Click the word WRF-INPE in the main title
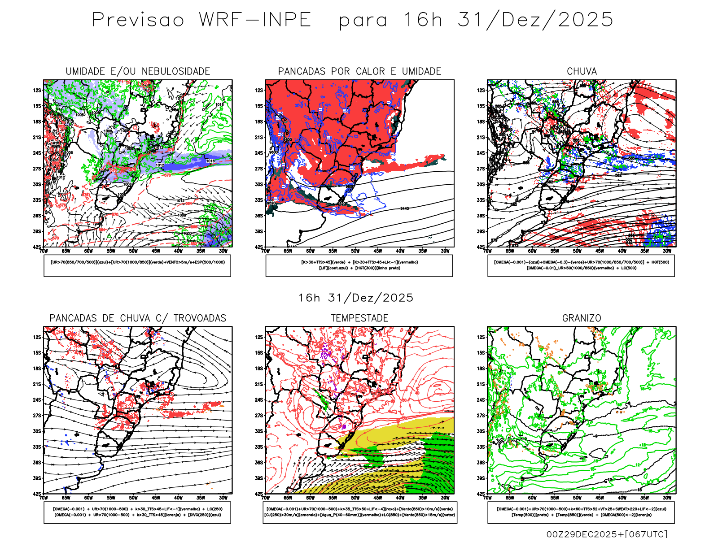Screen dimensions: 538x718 pos(255,20)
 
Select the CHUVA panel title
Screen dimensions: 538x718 pos(582,71)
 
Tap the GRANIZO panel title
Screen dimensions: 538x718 pos(582,318)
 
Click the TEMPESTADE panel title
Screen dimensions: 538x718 pos(359,318)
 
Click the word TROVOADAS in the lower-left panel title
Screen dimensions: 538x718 pos(200,318)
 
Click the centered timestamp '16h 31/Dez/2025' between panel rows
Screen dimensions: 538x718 pos(356,298)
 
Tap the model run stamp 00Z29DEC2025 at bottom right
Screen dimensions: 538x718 pos(584,534)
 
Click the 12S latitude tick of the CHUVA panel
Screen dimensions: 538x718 pos(481,91)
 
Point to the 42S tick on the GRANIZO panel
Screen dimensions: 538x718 pos(481,494)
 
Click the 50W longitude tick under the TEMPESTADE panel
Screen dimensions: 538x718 pos(355,498)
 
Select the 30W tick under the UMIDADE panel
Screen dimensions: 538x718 pos(223,251)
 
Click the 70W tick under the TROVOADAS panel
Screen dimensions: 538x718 pos(44,498)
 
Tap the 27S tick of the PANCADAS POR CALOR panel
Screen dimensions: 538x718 pos(259,169)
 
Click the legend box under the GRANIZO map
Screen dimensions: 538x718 pos(581,512)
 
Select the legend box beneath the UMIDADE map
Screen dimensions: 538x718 pos(137,265)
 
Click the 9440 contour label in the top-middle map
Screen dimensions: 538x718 pos(404,209)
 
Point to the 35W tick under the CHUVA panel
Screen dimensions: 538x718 pos(644,251)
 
